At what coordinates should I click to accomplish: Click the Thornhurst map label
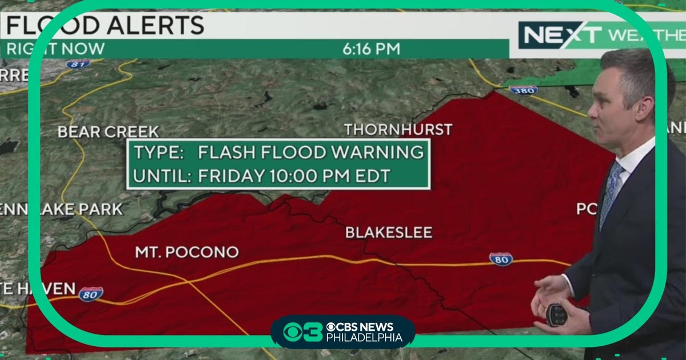398,130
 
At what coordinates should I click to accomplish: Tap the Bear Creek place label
108,132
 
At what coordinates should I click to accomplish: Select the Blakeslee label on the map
388,233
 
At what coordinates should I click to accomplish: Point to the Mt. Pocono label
186,252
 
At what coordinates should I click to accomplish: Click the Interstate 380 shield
523,90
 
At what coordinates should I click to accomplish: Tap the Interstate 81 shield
78,63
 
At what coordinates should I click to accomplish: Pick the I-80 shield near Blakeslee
501,259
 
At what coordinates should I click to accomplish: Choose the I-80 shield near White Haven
91,294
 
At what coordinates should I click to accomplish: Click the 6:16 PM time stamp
371,49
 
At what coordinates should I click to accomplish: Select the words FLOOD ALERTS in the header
106,26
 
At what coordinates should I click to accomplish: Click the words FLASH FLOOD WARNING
311,153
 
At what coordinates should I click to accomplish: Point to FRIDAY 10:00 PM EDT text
294,176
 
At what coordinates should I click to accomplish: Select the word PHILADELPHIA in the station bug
364,338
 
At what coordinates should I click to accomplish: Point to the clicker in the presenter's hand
556,314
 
